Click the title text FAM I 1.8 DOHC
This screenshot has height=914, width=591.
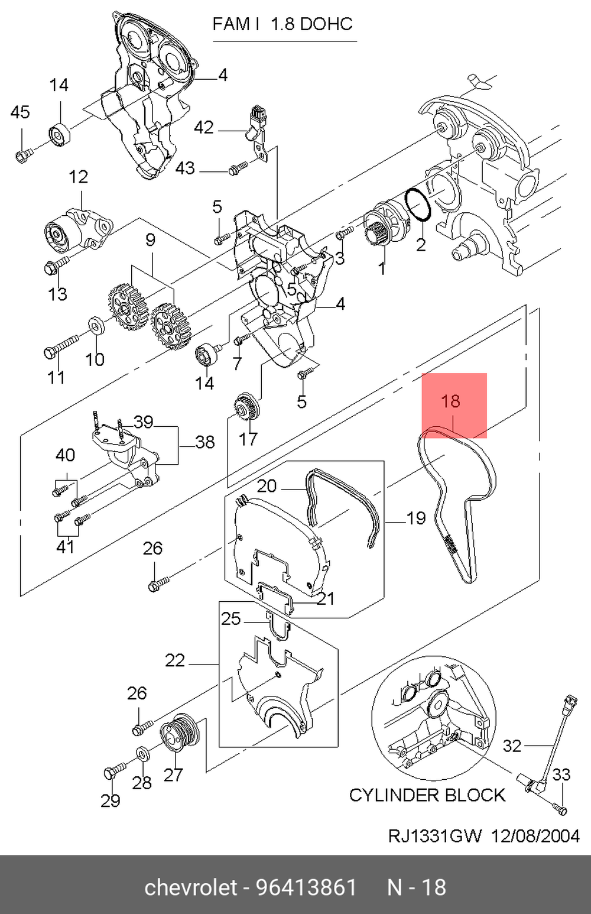pyautogui.click(x=282, y=24)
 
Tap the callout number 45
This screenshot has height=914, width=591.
pyautogui.click(x=20, y=112)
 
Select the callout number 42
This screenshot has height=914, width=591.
pyautogui.click(x=204, y=127)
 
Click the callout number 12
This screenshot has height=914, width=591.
pyautogui.click(x=78, y=177)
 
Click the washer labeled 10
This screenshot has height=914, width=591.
pyautogui.click(x=95, y=326)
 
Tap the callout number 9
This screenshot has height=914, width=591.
pyautogui.click(x=150, y=239)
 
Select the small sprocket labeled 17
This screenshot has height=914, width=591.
pyautogui.click(x=244, y=408)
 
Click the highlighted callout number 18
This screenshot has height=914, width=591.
pyautogui.click(x=450, y=401)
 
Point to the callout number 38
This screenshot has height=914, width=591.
pyautogui.click(x=204, y=442)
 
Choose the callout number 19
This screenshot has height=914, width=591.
pyautogui.click(x=416, y=518)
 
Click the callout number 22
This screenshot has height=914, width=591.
pyautogui.click(x=175, y=660)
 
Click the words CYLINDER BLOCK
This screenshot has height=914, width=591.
pyautogui.click(x=427, y=795)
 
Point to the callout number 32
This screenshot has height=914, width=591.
pyautogui.click(x=512, y=746)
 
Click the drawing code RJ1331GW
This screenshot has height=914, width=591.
pyautogui.click(x=435, y=836)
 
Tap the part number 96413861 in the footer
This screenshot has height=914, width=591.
pyautogui.click(x=307, y=887)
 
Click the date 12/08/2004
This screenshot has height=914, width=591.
pyautogui.click(x=534, y=836)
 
